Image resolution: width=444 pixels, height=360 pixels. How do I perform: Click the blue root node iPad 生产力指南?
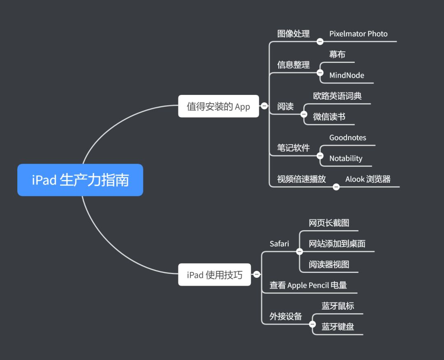(80, 180)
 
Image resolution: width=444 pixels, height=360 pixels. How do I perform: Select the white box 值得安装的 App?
(218, 106)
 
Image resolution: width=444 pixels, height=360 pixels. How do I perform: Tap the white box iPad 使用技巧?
(214, 275)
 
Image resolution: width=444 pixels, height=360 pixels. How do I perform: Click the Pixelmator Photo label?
(358, 34)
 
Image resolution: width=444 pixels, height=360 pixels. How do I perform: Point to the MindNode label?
(347, 76)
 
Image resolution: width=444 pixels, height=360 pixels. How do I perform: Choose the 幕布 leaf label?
(337, 54)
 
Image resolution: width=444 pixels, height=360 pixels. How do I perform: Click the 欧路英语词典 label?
(337, 96)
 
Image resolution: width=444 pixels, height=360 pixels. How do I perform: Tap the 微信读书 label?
(329, 117)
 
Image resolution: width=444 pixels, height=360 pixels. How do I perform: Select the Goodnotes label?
(347, 138)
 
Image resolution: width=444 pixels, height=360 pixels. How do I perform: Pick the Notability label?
(346, 159)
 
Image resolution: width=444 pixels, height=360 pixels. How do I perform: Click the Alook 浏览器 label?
(368, 179)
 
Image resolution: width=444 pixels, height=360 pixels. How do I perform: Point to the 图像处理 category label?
(293, 34)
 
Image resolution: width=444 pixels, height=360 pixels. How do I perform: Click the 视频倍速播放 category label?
(301, 179)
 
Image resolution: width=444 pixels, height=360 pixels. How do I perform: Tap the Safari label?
(279, 244)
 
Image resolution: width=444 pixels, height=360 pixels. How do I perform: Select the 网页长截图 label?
(329, 223)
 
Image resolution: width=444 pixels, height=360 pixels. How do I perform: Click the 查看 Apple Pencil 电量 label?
(308, 285)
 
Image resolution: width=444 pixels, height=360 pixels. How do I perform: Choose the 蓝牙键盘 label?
(338, 327)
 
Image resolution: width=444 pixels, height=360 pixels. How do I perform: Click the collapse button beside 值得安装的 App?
(264, 106)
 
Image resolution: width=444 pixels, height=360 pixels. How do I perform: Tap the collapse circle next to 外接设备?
(312, 324)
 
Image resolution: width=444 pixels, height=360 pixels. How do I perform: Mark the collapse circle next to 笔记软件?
(320, 156)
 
